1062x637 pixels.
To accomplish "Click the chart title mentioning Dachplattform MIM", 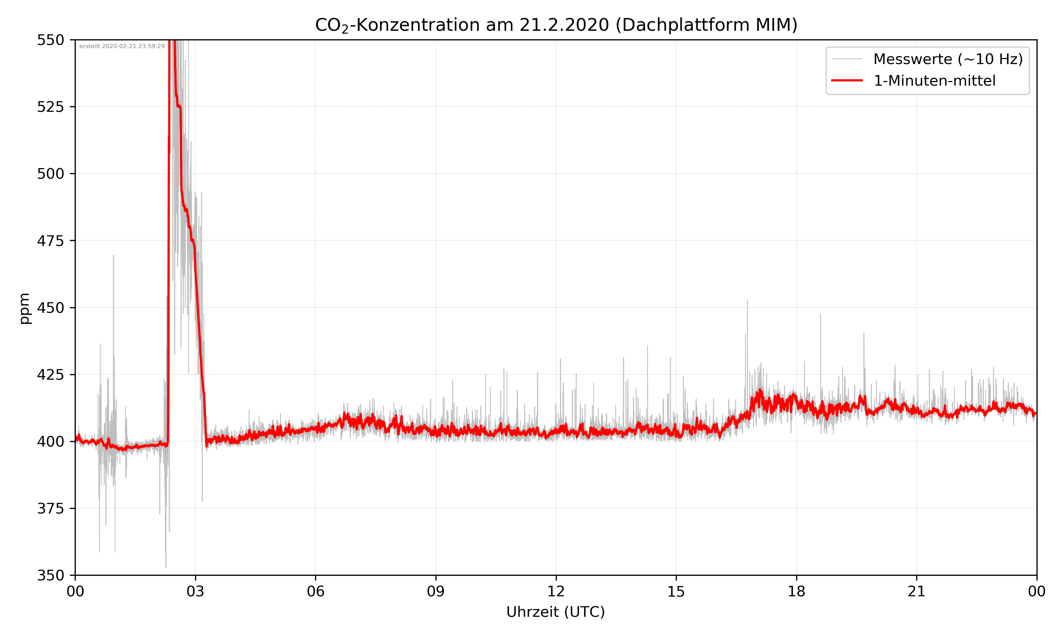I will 556,25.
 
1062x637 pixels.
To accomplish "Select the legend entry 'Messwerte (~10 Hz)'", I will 948,59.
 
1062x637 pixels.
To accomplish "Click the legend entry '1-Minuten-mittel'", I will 934,81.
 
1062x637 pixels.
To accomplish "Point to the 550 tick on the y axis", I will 50,40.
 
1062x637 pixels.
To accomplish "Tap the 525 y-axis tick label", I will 50,107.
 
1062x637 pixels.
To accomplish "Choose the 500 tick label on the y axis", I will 50,174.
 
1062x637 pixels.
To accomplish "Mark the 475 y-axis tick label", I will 50,241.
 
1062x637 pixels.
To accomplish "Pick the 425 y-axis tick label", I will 50,375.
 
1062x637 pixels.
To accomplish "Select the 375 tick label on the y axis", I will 50,509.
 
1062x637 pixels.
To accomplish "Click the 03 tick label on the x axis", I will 195,591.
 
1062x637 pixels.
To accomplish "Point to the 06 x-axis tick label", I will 315,591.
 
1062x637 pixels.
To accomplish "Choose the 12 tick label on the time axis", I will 556,591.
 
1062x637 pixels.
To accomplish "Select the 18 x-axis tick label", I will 796,591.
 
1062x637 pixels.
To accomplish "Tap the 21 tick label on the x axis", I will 917,591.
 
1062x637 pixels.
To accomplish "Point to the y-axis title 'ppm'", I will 24,308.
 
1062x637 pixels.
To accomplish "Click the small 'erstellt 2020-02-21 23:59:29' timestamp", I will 122,46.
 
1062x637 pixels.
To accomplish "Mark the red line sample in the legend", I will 846,81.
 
